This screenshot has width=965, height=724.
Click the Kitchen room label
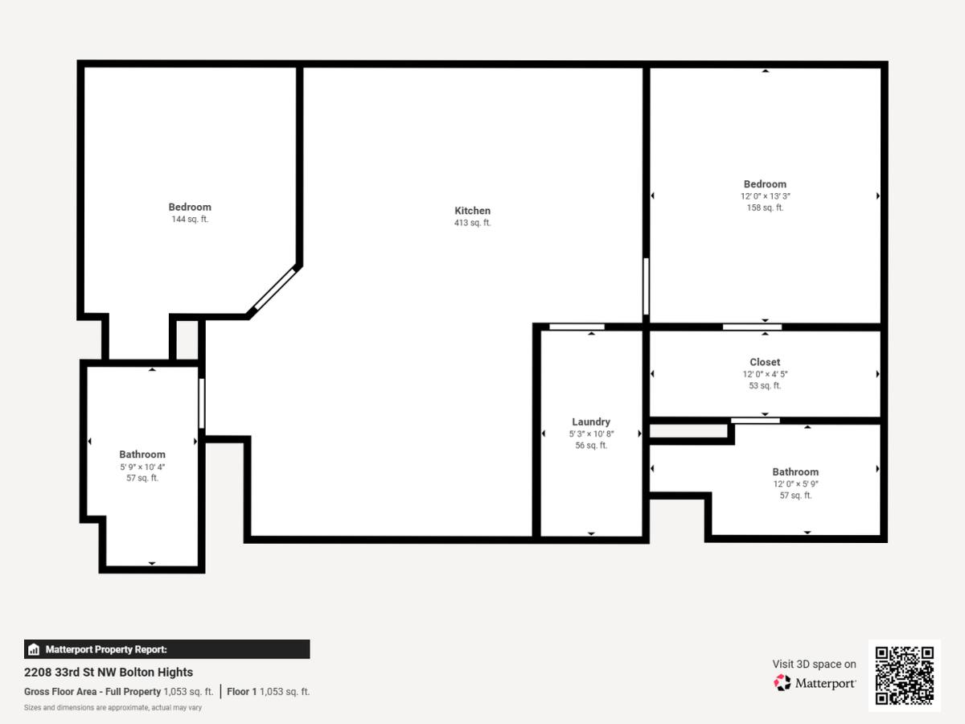tap(472, 211)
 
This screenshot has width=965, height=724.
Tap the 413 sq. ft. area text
tap(472, 223)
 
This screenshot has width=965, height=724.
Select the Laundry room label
tap(591, 422)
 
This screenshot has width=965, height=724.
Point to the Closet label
tap(765, 362)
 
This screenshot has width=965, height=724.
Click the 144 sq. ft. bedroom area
tap(190, 219)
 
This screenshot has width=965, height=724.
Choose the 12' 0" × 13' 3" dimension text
tap(765, 196)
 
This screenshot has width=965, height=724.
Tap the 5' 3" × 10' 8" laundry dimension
tap(591, 434)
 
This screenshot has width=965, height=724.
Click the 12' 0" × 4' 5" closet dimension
tap(765, 374)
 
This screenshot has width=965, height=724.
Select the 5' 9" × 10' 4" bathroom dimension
tap(142, 467)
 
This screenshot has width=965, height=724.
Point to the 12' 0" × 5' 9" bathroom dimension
tap(795, 484)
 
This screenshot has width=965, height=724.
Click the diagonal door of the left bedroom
tap(275, 290)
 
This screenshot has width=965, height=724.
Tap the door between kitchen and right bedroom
tap(646, 286)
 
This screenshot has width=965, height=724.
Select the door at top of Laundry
tap(577, 327)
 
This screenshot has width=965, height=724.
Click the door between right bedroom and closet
tap(752, 327)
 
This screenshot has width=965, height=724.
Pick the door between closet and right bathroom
tap(755, 421)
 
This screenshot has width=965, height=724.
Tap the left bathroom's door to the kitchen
tap(201, 404)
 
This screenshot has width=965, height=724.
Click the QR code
tap(905, 675)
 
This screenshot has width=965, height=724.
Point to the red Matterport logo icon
tap(782, 683)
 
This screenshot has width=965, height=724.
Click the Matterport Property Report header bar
tap(167, 649)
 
